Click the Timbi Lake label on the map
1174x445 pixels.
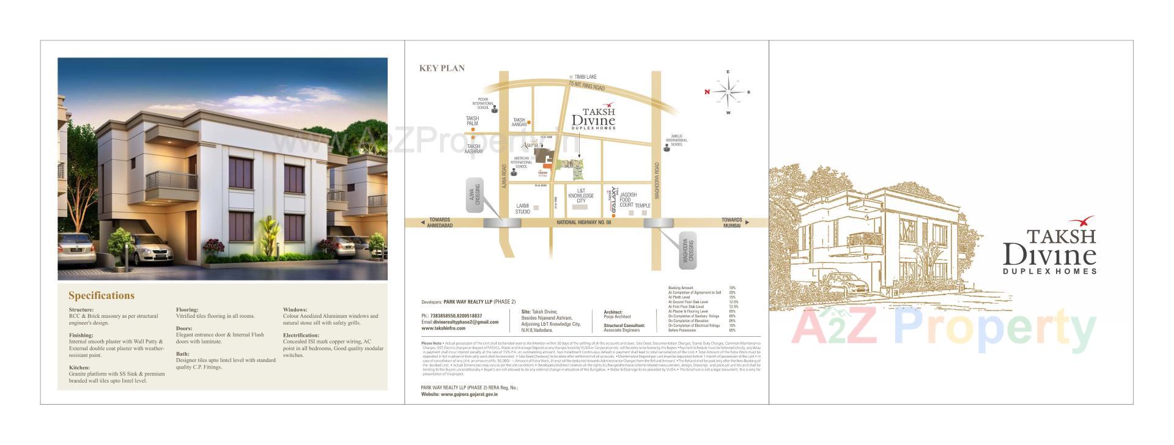585,77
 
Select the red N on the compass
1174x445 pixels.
707,92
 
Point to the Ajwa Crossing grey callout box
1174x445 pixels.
474,195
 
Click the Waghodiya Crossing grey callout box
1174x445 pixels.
689,250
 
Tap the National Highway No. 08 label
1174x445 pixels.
584,223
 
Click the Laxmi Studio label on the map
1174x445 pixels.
522,208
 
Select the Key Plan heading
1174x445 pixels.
441,68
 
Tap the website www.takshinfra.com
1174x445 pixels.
443,328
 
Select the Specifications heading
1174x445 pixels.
101,296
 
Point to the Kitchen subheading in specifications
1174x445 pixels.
79,368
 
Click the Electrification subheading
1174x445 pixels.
301,335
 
